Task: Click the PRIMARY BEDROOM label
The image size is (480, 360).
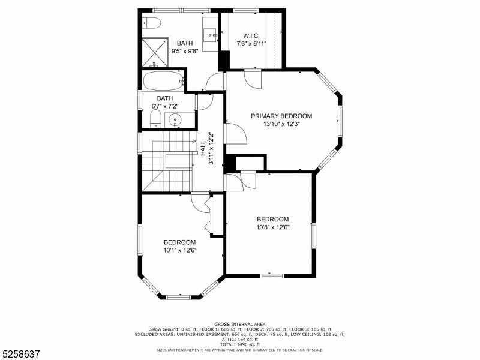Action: pyautogui.click(x=281, y=116)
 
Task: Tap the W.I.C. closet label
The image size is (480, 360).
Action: pyautogui.click(x=251, y=35)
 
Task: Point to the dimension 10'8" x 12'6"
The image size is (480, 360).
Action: pyautogui.click(x=272, y=227)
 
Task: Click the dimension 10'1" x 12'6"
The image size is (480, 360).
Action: pyautogui.click(x=180, y=250)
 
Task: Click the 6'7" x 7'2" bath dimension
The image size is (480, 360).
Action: pyautogui.click(x=165, y=106)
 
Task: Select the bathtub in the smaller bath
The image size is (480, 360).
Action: pyautogui.click(x=161, y=79)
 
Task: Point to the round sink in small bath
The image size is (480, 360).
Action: pyautogui.click(x=175, y=119)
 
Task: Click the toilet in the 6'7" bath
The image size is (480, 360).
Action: pyautogui.click(x=154, y=118)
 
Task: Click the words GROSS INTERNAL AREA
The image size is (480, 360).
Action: pyautogui.click(x=239, y=324)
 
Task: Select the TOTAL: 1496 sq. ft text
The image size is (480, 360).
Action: pyautogui.click(x=239, y=344)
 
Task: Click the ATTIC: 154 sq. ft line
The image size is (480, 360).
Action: pyautogui.click(x=239, y=339)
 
